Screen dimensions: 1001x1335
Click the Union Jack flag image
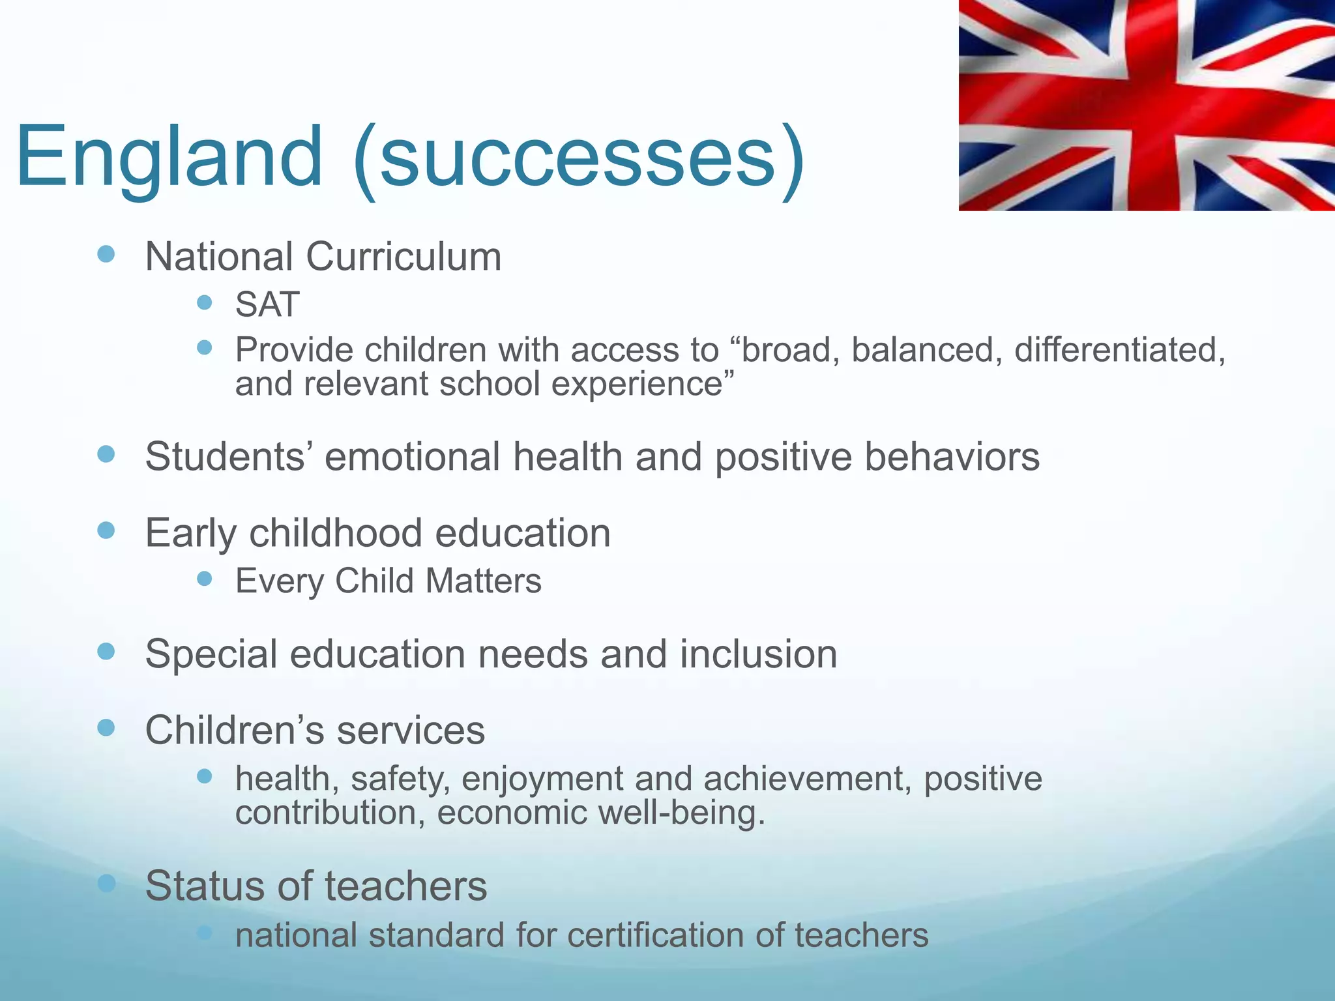pos(1146,106)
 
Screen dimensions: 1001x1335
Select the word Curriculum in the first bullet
pos(403,257)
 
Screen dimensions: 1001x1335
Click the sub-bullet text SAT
pos(267,304)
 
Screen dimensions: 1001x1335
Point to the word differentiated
pos(1119,350)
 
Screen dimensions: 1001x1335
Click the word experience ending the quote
pos(642,383)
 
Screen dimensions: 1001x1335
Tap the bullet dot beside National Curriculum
pos(106,254)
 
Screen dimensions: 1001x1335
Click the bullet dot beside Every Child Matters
pos(205,578)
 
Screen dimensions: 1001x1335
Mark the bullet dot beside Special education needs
pos(106,651)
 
